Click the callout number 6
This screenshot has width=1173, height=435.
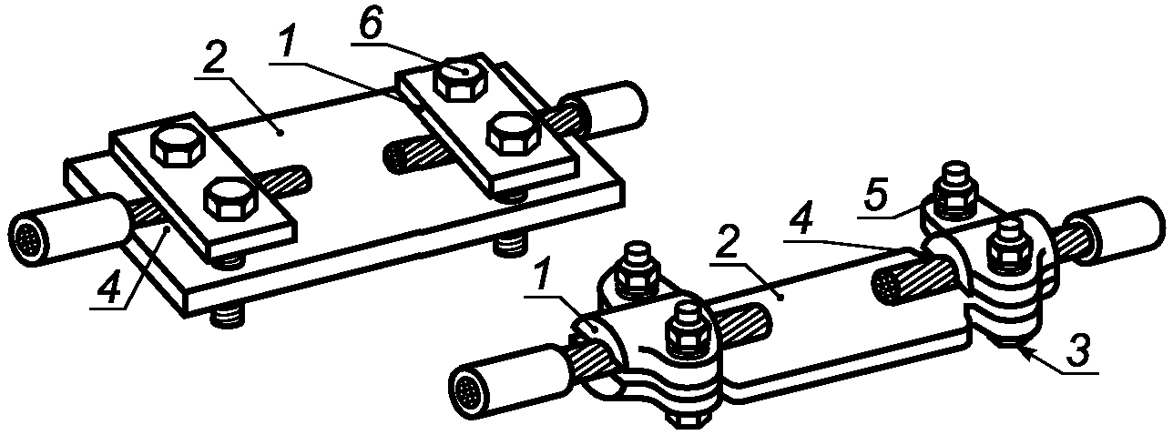pyautogui.click(x=372, y=24)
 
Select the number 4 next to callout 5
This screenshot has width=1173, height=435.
pyautogui.click(x=801, y=222)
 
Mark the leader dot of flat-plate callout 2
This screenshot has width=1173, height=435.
pyautogui.click(x=281, y=134)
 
